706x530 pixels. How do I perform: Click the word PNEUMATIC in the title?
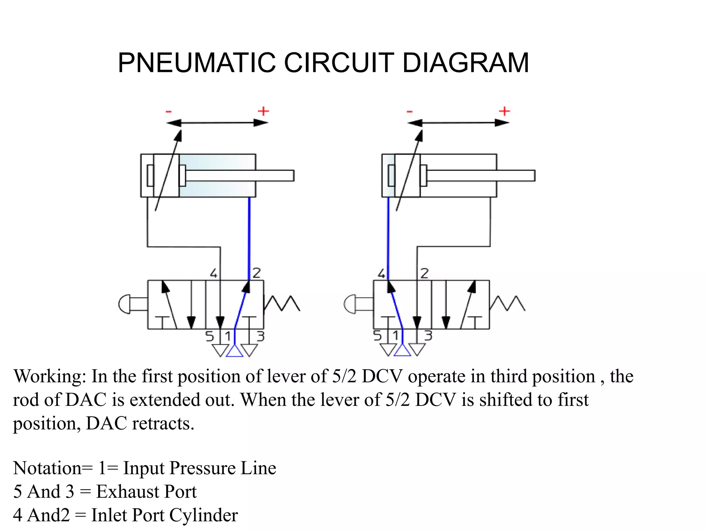[x=196, y=63]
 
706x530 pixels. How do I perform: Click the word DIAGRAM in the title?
[x=465, y=63]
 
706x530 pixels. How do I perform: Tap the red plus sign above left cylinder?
[x=263, y=111]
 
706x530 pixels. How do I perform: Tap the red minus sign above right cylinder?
[x=410, y=111]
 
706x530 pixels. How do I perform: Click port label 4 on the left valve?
[x=214, y=273]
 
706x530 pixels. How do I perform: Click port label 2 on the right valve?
[x=425, y=273]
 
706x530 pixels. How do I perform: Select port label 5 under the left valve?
[x=210, y=336]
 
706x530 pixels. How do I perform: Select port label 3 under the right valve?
[x=428, y=335]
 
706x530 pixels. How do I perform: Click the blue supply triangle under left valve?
[x=234, y=352]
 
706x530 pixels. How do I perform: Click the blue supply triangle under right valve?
[x=402, y=351]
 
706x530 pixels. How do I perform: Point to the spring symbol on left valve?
[x=282, y=303]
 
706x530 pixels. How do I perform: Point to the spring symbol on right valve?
[x=507, y=303]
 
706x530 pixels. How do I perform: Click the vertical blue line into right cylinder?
[x=389, y=238]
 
